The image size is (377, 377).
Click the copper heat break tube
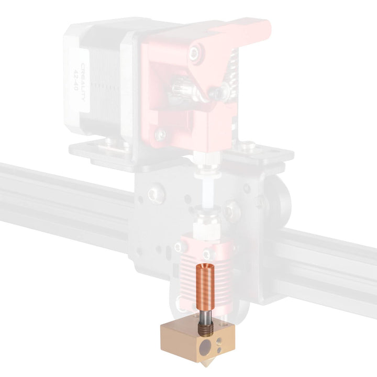click(x=205, y=286)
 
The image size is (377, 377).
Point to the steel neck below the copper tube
click(x=205, y=317)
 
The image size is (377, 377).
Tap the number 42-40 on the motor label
click(x=75, y=80)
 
